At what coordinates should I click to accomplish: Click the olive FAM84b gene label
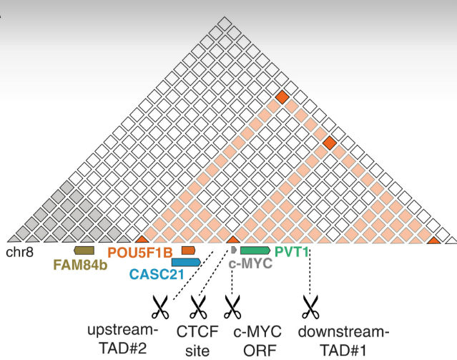(80, 263)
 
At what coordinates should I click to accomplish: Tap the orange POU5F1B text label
(140, 252)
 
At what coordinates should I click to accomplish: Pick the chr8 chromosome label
(21, 252)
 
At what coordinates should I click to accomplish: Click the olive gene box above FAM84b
(84, 250)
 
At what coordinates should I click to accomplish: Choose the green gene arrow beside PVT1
(255, 250)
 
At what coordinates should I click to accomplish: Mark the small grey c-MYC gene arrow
(233, 249)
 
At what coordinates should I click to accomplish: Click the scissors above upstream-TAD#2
(159, 308)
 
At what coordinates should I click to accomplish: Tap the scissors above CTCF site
(197, 308)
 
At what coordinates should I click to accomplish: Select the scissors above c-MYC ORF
(232, 308)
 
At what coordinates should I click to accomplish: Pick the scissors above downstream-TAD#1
(310, 308)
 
